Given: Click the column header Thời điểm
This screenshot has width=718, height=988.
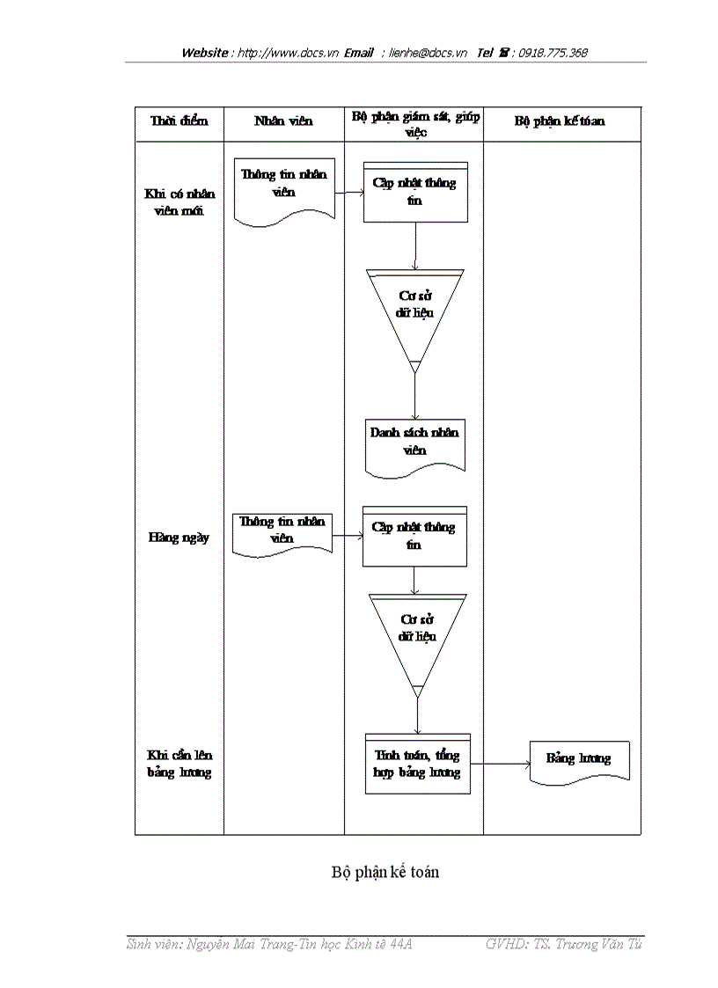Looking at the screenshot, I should tap(179, 121).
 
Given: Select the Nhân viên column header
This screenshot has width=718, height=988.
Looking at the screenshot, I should tap(282, 121).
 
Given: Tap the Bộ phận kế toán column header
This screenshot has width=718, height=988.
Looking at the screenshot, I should tap(560, 121).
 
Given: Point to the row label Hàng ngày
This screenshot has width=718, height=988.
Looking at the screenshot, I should tap(179, 538).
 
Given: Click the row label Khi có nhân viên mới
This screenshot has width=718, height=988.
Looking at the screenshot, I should tap(179, 202).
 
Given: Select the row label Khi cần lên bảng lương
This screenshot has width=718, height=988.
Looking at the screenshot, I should tap(179, 764).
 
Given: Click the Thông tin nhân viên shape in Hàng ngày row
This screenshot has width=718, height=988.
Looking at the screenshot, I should tap(282, 531).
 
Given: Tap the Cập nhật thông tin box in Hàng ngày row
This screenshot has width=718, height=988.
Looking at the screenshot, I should tap(414, 536).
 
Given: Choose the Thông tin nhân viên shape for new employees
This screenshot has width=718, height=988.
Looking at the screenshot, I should tap(284, 187).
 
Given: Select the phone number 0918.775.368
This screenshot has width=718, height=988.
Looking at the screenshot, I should tap(553, 53).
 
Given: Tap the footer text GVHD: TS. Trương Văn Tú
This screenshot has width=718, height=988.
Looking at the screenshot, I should tap(563, 944).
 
